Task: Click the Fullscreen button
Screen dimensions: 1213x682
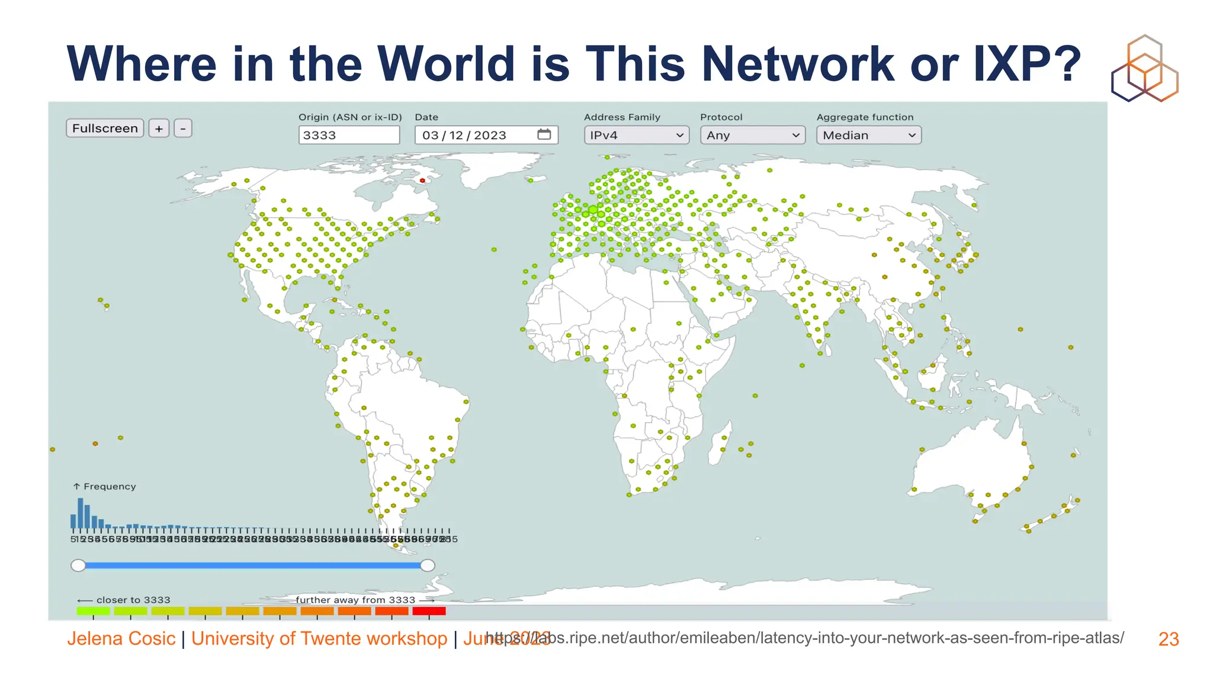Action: click(x=105, y=128)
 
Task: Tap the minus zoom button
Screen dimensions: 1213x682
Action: click(x=183, y=128)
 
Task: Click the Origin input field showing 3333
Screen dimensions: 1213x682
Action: click(x=349, y=135)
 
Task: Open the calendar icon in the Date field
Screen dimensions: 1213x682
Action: click(x=544, y=134)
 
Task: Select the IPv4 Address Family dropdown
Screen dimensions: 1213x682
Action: click(x=636, y=135)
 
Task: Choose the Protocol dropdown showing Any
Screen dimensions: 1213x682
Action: click(x=752, y=135)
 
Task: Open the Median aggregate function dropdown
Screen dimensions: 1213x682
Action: click(x=868, y=135)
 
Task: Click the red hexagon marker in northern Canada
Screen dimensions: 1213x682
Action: click(x=422, y=181)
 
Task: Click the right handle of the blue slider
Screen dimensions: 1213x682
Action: click(x=427, y=565)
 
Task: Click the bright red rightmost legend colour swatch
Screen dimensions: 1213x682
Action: click(x=429, y=611)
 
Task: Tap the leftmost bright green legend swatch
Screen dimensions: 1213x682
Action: click(x=93, y=611)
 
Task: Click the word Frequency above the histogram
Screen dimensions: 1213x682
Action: click(x=110, y=487)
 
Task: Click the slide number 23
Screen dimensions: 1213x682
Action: click(x=1169, y=639)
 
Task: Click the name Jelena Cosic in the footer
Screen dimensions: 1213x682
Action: click(x=121, y=639)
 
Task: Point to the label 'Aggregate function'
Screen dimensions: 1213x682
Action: click(x=865, y=117)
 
